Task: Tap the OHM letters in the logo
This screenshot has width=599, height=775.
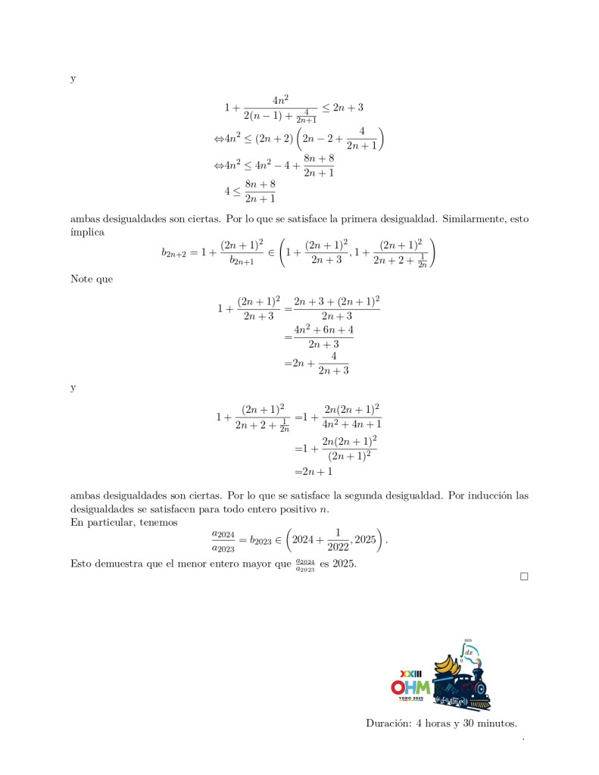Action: pyautogui.click(x=410, y=687)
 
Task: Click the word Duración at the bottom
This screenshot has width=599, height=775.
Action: pyautogui.click(x=388, y=723)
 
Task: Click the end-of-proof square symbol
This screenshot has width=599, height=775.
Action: pyautogui.click(x=523, y=577)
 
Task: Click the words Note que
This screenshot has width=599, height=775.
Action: pyautogui.click(x=91, y=279)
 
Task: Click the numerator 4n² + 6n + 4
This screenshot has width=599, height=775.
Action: pyautogui.click(x=324, y=330)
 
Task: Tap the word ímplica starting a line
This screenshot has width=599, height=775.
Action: pyautogui.click(x=87, y=232)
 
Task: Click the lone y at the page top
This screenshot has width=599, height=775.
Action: pyautogui.click(x=73, y=79)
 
